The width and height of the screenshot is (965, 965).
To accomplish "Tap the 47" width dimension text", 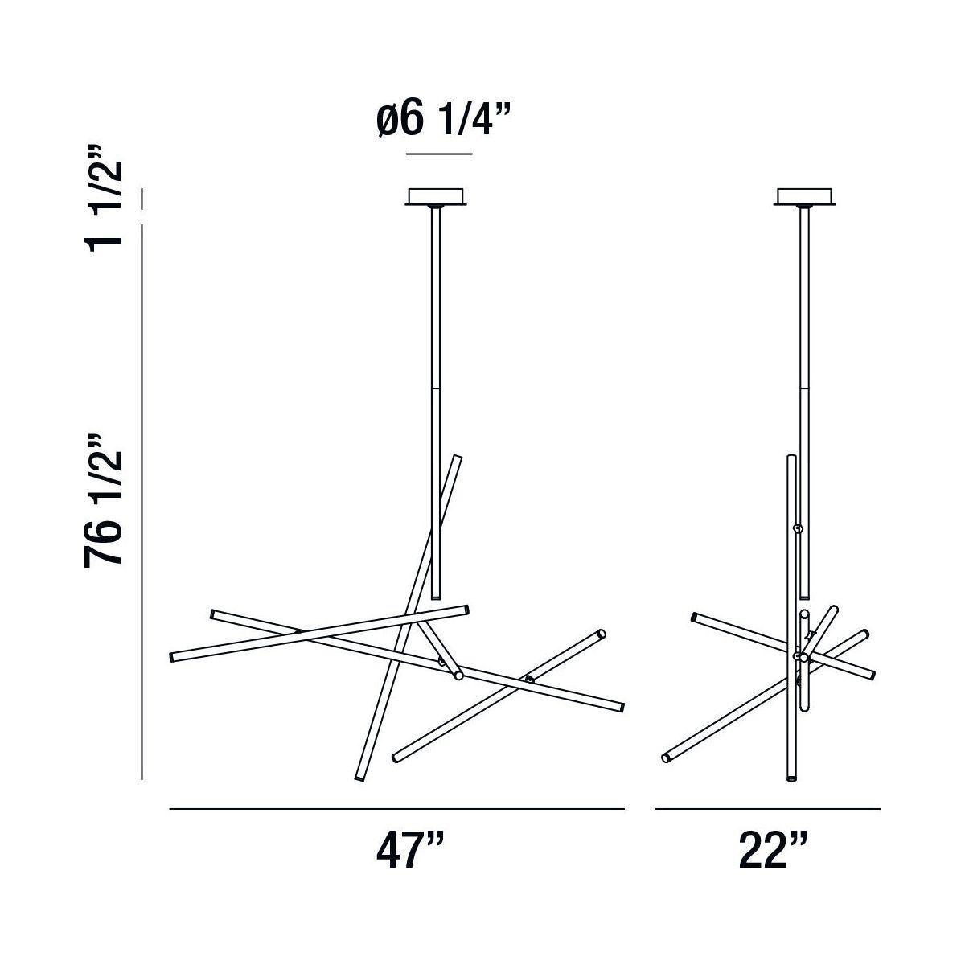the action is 410,849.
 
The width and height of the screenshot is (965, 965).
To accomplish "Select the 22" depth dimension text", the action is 773,849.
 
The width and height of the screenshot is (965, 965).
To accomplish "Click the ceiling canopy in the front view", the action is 436,197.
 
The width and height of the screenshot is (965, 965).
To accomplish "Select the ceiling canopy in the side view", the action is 804,197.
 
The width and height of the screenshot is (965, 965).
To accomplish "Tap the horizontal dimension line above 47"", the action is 396,809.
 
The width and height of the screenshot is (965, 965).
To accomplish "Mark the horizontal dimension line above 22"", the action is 768,809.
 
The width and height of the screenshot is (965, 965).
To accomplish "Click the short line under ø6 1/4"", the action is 439,154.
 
